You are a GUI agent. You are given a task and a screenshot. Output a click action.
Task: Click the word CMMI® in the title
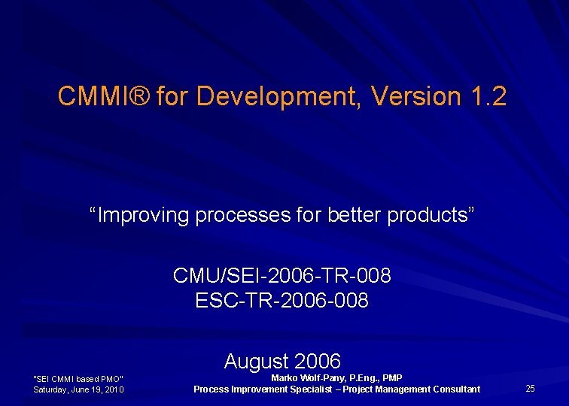click(x=105, y=96)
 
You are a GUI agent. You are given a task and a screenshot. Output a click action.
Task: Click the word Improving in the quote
click(x=144, y=215)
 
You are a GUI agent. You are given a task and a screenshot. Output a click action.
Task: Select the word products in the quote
click(x=431, y=215)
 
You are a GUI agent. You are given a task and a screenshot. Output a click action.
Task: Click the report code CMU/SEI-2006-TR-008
click(x=282, y=276)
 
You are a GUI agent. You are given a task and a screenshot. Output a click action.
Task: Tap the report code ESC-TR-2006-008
click(x=282, y=301)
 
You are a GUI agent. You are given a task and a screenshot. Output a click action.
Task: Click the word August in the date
click(x=256, y=361)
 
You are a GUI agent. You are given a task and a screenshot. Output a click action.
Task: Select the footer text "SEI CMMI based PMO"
click(x=78, y=378)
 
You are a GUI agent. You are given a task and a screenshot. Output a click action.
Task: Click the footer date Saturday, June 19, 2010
click(x=78, y=389)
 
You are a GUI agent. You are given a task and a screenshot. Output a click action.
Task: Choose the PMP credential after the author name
click(x=392, y=377)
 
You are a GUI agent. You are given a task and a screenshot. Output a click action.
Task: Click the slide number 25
click(x=530, y=389)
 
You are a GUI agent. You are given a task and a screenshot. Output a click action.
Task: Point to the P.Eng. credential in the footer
click(x=364, y=377)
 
